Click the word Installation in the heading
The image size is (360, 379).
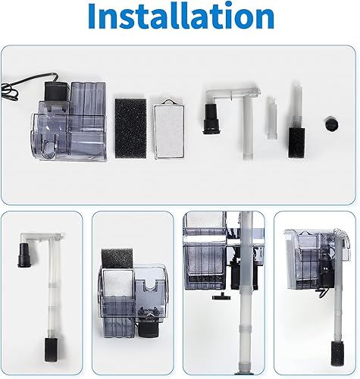(179, 17)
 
